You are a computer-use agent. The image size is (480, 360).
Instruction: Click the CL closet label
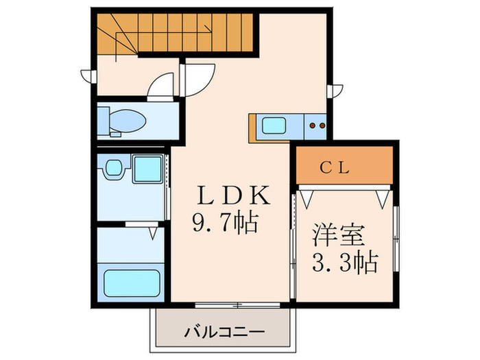point(343,167)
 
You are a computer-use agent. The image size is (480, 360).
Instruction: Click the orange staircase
point(174,32)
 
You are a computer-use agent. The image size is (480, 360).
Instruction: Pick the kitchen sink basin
point(276,126)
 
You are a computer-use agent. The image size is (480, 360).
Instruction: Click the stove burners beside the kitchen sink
point(317,126)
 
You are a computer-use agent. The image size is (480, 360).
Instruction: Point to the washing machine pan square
point(146,169)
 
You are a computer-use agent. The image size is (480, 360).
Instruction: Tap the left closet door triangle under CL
point(307,197)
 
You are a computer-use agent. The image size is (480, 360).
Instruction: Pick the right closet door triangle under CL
point(382,197)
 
